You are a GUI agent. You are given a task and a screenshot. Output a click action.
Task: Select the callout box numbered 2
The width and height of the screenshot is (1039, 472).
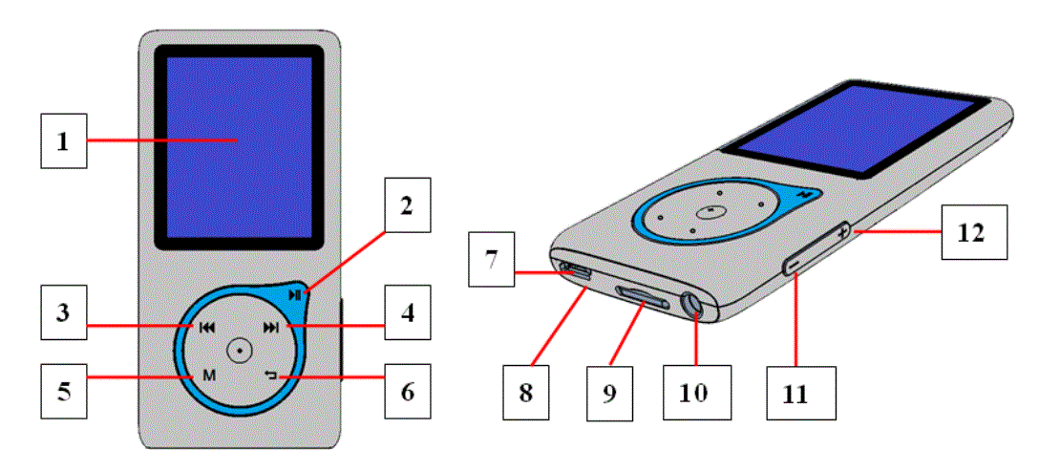[x=407, y=205]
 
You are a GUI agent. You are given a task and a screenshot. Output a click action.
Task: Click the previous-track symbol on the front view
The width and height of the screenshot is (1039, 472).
[x=206, y=328]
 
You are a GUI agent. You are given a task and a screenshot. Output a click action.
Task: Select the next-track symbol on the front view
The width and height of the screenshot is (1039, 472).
[x=272, y=328]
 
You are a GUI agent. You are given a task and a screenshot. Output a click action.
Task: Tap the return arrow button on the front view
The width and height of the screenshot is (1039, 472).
[x=271, y=375]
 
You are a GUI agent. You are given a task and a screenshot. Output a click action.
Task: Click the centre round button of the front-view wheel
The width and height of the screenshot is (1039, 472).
[x=239, y=349]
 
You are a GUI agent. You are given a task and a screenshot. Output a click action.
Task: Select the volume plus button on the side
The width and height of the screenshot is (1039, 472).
[x=842, y=231]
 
